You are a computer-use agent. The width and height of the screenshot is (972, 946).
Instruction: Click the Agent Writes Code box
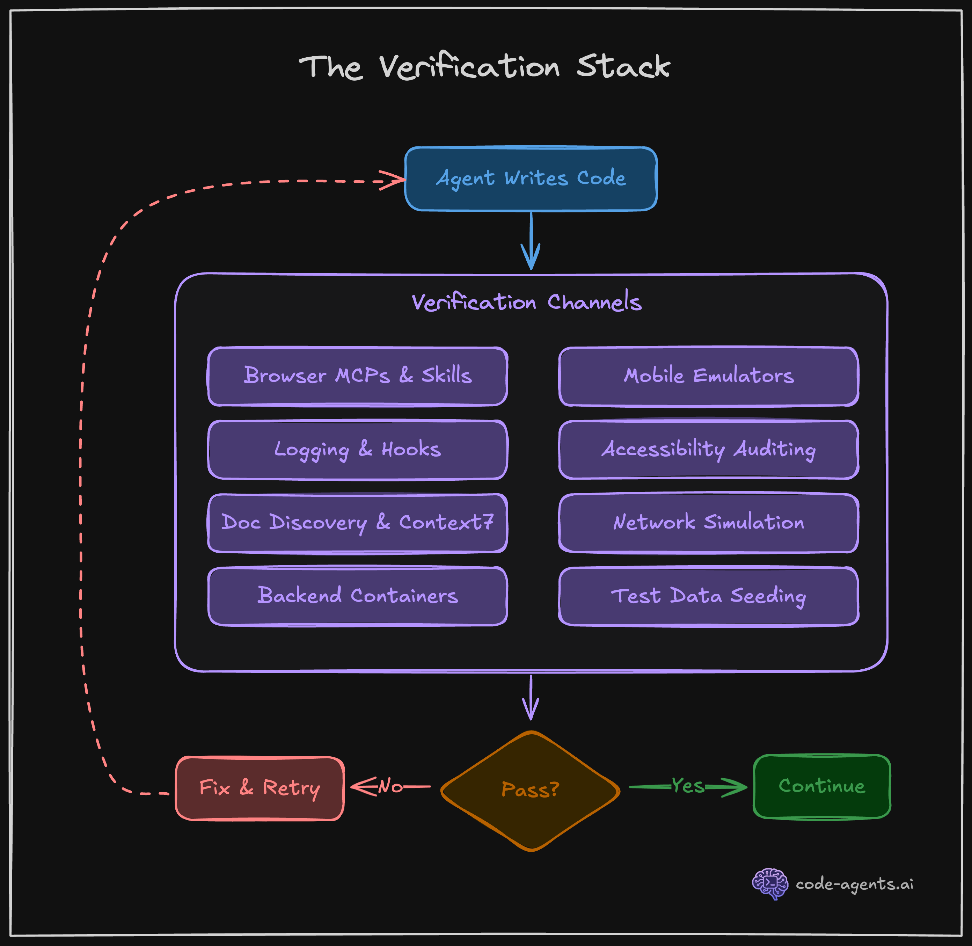coord(531,179)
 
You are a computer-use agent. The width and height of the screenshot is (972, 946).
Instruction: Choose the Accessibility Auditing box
coord(709,450)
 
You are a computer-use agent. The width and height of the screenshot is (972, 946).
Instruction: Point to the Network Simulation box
coord(709,523)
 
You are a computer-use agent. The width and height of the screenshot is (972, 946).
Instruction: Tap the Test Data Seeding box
coord(709,596)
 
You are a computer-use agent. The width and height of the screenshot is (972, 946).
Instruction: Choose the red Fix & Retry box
coord(260,788)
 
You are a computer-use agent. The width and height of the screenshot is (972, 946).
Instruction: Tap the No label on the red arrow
coord(390,786)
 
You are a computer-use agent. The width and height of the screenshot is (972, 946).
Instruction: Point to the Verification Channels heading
coord(526,302)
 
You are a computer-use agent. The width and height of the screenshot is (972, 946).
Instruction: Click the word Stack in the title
coord(623,67)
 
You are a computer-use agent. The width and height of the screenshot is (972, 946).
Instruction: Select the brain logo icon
coord(770,883)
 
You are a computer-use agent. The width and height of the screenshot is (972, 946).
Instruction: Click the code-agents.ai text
coord(854,884)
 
